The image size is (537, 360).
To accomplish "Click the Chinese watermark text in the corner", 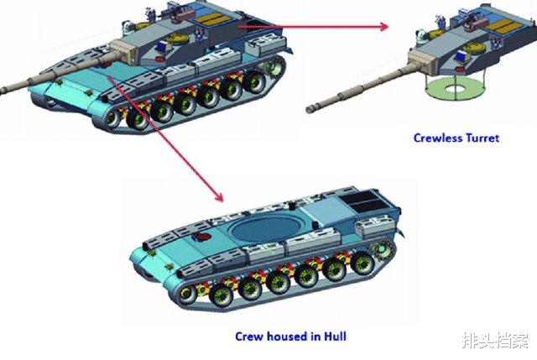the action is [495, 340].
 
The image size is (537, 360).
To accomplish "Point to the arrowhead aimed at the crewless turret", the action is [384, 27].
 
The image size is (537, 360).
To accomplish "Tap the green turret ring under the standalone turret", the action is [455, 89].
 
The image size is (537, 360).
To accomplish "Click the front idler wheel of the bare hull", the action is [187, 295].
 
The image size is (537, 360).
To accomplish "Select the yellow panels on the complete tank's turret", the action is [212, 19].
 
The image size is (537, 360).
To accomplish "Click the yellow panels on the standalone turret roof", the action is [500, 26].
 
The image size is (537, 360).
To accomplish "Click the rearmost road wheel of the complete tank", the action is [253, 82].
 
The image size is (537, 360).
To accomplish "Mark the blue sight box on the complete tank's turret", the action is [163, 46].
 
